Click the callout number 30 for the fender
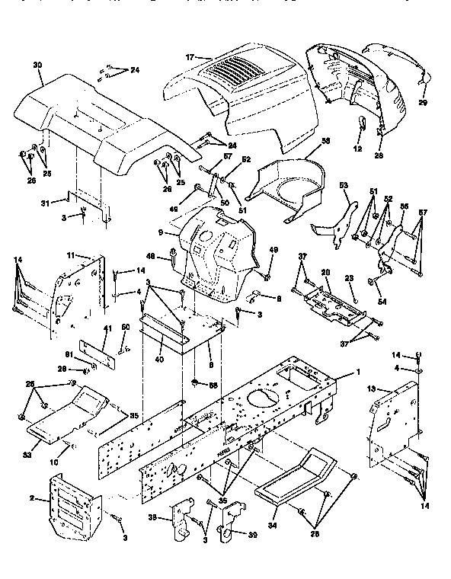[37, 65]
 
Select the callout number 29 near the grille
[423, 101]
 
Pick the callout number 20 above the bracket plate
[325, 272]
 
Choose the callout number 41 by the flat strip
[107, 328]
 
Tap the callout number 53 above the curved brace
[343, 184]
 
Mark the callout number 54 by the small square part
[381, 302]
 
